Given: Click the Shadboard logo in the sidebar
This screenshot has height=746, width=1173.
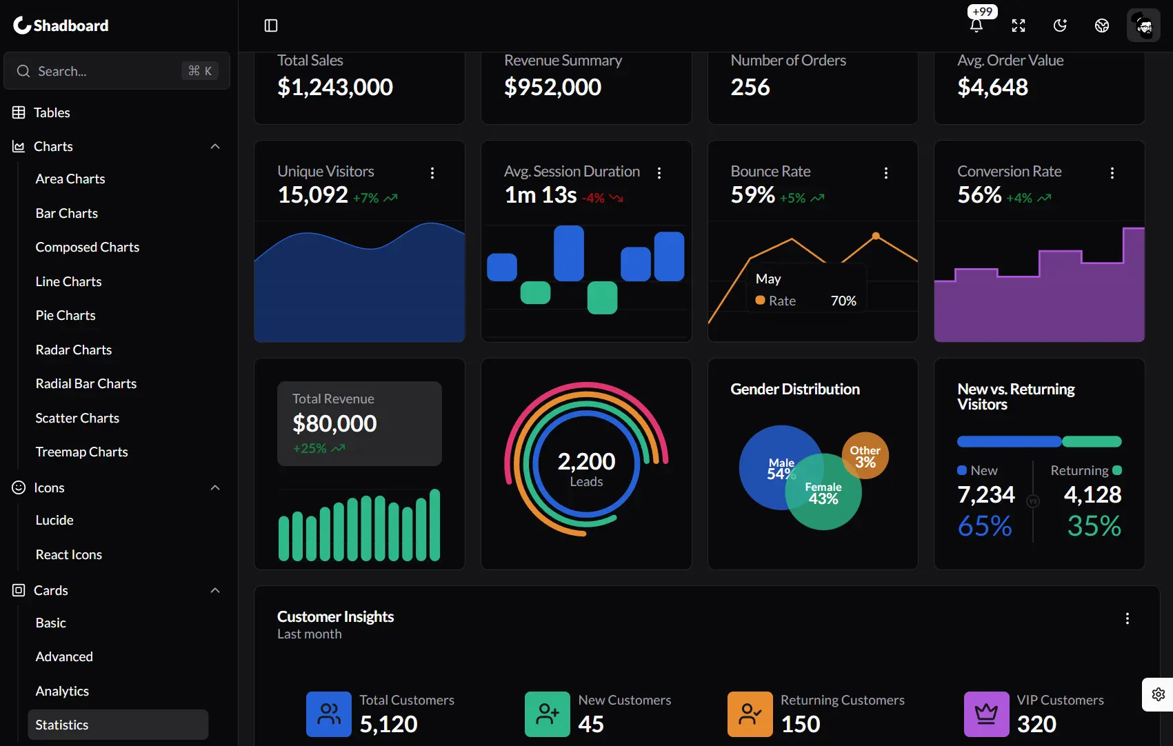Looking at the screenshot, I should tap(61, 26).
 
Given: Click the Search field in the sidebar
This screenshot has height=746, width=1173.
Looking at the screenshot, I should tap(103, 71).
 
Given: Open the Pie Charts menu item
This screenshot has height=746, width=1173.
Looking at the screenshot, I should tap(66, 315).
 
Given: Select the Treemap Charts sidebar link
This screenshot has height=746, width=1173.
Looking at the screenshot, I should tap(81, 452).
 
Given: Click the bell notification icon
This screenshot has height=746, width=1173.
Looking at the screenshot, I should tap(976, 26).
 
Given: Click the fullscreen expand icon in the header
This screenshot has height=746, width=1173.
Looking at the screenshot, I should tap(1019, 26).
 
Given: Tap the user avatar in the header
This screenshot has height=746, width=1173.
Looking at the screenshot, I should tap(1143, 26).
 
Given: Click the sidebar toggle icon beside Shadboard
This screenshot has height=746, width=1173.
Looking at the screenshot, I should tap(271, 26).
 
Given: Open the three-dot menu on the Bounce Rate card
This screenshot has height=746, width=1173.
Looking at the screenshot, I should tap(885, 173).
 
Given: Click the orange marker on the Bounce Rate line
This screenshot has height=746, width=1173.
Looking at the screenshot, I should tap(876, 236).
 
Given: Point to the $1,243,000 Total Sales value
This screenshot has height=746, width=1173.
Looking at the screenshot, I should tap(335, 88).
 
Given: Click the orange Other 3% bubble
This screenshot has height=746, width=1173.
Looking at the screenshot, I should tap(865, 456).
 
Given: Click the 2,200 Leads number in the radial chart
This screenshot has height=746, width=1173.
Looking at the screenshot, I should tap(586, 461).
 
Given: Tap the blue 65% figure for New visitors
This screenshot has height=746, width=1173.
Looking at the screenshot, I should tap(985, 526).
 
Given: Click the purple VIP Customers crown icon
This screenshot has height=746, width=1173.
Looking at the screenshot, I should tap(986, 714).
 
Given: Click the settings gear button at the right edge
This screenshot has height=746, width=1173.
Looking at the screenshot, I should tap(1159, 694).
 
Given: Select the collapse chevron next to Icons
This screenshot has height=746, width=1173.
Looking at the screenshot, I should tap(215, 487).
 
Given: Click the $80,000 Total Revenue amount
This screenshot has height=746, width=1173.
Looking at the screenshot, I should tap(334, 423).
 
